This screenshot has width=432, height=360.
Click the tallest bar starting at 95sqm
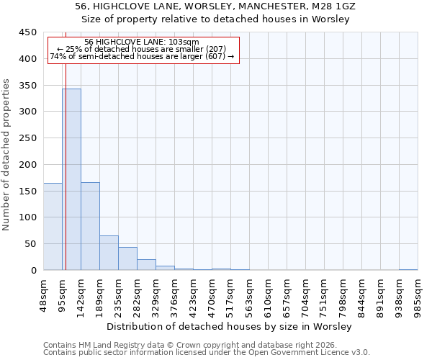[71, 179]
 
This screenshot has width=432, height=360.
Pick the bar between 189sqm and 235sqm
[109, 253]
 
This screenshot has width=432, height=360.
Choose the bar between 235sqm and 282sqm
[127, 258]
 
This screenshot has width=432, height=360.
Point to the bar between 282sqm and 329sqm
[146, 265]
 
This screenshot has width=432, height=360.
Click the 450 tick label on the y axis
[27, 32]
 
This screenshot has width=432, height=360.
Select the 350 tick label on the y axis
[27, 86]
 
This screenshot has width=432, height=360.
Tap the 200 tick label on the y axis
[27, 165]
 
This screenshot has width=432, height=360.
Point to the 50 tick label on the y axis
[30, 244]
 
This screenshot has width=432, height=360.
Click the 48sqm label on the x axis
[44, 295]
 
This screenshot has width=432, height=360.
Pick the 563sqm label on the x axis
[249, 295]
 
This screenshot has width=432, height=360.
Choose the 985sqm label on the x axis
[418, 295]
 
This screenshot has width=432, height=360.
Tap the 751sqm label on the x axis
[324, 295]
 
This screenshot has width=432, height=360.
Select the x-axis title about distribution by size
[233, 327]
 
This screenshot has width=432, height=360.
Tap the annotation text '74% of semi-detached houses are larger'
[142, 57]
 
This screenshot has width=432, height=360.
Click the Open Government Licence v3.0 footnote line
[207, 353]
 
